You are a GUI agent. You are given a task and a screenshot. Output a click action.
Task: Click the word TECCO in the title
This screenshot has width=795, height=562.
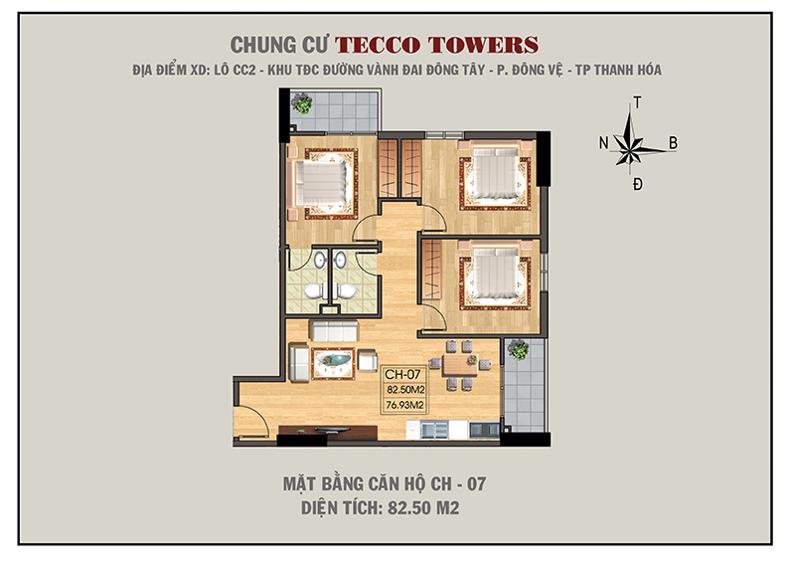click(384, 45)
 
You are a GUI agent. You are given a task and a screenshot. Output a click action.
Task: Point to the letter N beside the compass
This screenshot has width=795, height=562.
click(603, 143)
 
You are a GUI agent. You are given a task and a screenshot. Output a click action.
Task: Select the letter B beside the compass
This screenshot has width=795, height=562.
click(673, 143)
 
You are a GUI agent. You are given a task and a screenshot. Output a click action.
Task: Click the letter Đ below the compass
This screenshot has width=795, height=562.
click(637, 184)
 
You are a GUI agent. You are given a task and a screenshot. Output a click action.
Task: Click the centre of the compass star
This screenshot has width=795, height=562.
click(636, 143)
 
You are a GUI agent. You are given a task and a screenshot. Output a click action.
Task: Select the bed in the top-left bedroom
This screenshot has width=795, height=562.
click(320, 183)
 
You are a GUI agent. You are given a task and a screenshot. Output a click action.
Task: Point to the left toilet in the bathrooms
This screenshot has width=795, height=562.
click(311, 290)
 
